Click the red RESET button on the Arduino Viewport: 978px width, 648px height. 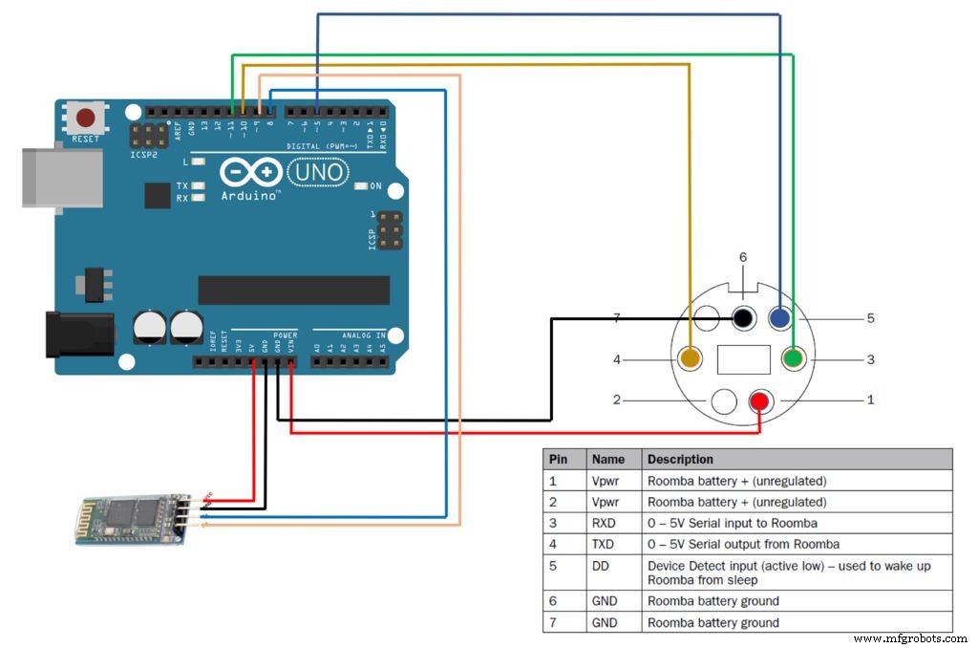[86, 119]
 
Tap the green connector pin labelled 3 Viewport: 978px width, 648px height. [793, 359]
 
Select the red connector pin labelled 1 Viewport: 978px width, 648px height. [761, 400]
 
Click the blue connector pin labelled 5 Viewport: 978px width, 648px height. [779, 318]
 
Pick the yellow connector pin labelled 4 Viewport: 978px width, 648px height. [690, 359]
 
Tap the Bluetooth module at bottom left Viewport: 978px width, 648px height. [132, 518]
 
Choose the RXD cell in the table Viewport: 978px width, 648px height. [604, 523]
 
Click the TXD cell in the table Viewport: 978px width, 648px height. [604, 544]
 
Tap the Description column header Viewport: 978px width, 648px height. [680, 459]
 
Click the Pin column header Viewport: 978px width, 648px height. [558, 459]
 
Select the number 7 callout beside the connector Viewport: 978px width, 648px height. [617, 317]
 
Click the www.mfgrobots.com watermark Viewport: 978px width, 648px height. [909, 637]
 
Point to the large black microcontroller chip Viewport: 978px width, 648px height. [293, 290]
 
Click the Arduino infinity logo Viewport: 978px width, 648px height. [250, 172]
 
